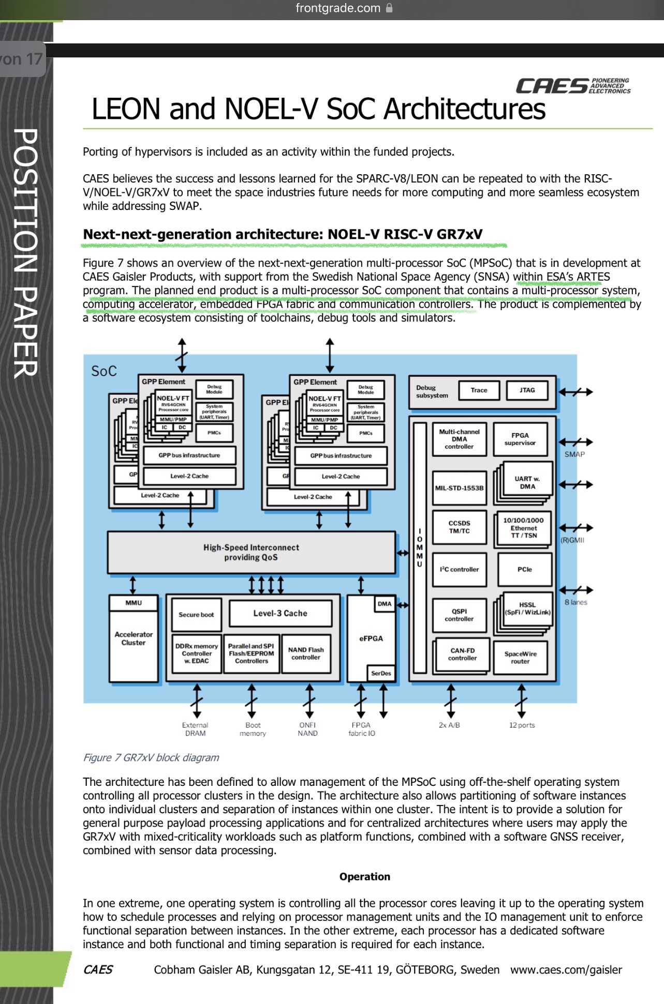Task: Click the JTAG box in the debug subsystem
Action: point(527,390)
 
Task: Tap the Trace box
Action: point(479,390)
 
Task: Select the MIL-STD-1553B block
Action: point(459,488)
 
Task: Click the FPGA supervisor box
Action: point(520,439)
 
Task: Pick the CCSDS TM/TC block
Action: point(459,527)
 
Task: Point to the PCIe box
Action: point(524,569)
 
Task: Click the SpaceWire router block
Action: point(520,658)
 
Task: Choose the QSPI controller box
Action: point(459,615)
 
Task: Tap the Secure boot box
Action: point(196,615)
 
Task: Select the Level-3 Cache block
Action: point(280,613)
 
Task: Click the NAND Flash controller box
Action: point(306,653)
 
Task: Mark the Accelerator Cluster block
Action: point(134,639)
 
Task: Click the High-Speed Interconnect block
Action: point(251,552)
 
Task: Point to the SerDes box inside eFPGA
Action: point(381,673)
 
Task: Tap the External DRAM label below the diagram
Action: point(195,729)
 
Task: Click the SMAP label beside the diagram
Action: point(574,454)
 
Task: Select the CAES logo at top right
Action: point(573,86)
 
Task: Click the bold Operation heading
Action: point(365,876)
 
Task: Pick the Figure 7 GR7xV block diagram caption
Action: point(151,757)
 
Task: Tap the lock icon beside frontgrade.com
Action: point(389,8)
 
